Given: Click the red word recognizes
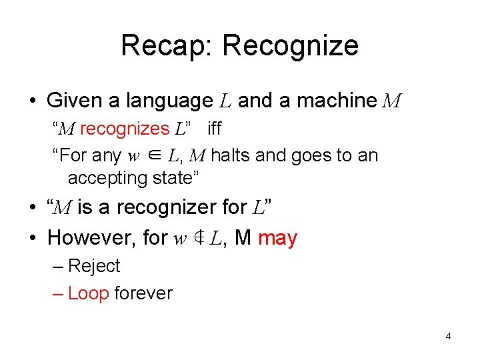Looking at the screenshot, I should point(125,129).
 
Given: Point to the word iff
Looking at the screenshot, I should point(215,129).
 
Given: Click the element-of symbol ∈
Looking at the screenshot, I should point(153,156).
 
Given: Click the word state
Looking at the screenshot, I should point(179,178).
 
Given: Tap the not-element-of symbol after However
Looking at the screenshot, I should point(198,238).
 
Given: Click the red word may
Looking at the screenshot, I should point(277,238).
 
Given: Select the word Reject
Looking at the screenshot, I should point(94,266).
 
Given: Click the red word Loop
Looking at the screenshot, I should point(88,293).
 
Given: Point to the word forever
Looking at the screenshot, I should point(143,293).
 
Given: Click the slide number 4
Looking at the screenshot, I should point(448,336).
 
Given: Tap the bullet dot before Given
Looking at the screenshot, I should point(32,102).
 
